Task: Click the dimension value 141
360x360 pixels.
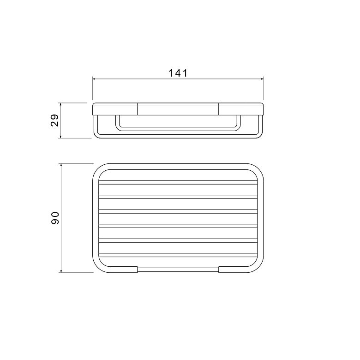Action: click(x=178, y=73)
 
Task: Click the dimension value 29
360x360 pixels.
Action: click(x=55, y=120)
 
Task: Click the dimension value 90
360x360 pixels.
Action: click(x=55, y=218)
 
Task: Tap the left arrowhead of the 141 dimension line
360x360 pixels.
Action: click(x=94, y=79)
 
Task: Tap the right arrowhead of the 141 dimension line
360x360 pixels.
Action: click(x=262, y=79)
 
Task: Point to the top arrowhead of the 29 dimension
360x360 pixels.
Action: click(x=60, y=104)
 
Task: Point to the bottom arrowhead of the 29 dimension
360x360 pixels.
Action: click(x=60, y=136)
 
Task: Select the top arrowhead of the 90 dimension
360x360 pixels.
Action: click(x=61, y=165)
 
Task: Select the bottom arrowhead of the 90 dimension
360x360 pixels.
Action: click(x=61, y=271)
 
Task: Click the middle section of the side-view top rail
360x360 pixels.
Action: click(x=178, y=109)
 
